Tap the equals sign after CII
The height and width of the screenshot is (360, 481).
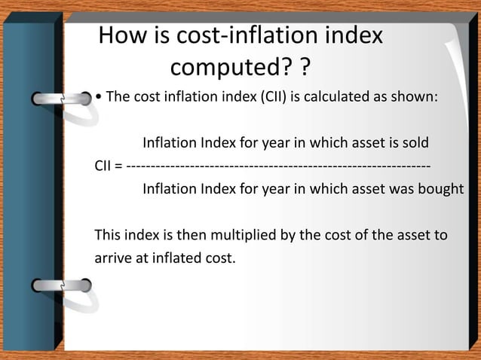pos(121,166)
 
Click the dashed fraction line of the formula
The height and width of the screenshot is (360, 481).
pos(279,166)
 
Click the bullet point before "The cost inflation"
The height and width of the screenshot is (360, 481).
pos(99,98)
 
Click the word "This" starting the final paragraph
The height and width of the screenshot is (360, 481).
pos(108,235)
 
